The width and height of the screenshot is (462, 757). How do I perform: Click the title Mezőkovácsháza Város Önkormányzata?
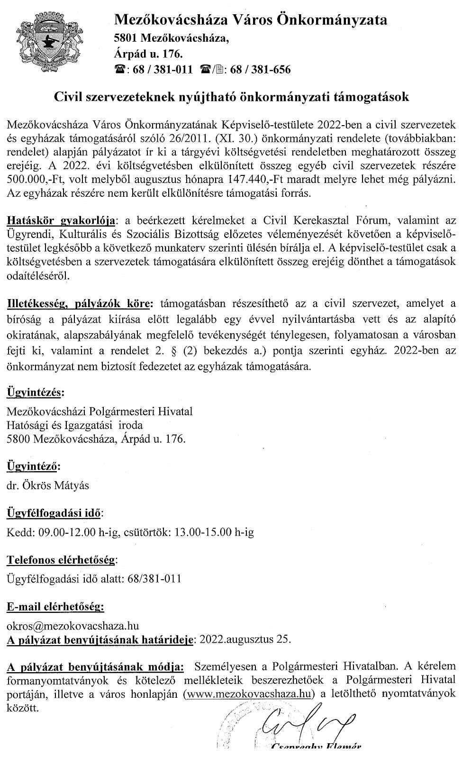251,20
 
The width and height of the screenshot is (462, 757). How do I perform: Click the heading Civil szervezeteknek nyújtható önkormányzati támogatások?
231,97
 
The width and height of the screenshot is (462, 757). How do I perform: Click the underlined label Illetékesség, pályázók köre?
80,303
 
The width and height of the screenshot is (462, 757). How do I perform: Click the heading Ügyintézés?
35,392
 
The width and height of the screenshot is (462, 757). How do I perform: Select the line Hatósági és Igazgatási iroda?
74,425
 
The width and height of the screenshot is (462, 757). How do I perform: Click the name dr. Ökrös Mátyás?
48,485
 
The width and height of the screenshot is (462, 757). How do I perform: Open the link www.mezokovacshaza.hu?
249,693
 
